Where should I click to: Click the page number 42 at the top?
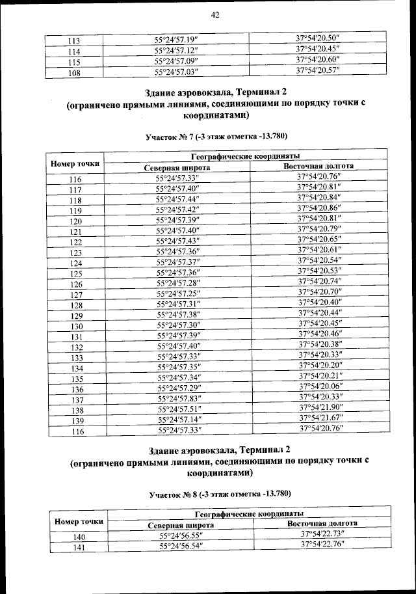215,14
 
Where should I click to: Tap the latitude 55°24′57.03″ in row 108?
175,72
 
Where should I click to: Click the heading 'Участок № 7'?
215,136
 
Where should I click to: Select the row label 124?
75,263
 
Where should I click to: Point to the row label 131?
76,336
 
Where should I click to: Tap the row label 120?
75,221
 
